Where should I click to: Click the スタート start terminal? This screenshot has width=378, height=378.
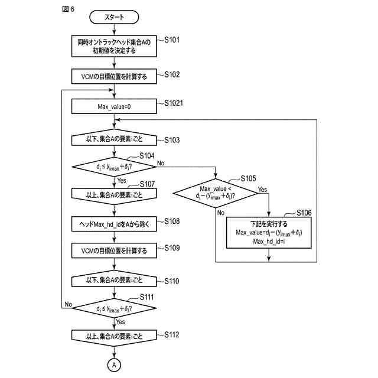click(114, 17)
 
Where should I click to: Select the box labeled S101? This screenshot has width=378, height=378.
click(114, 47)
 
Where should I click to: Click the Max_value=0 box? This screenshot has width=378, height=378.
click(114, 107)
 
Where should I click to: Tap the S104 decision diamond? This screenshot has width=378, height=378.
click(114, 167)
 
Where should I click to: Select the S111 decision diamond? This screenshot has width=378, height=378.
click(114, 308)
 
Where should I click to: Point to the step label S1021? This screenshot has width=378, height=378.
click(175, 103)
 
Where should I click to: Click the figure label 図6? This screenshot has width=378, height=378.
click(69, 10)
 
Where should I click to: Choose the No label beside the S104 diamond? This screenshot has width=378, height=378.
click(161, 162)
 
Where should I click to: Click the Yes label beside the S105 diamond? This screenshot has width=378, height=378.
click(263, 190)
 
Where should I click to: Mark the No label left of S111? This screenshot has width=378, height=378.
click(68, 304)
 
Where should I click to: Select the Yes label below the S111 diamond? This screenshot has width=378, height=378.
click(120, 322)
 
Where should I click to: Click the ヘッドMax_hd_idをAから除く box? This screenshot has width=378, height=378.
click(114, 225)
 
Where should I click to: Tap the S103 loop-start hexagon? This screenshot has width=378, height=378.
click(114, 140)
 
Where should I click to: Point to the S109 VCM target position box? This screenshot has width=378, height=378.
click(114, 251)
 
